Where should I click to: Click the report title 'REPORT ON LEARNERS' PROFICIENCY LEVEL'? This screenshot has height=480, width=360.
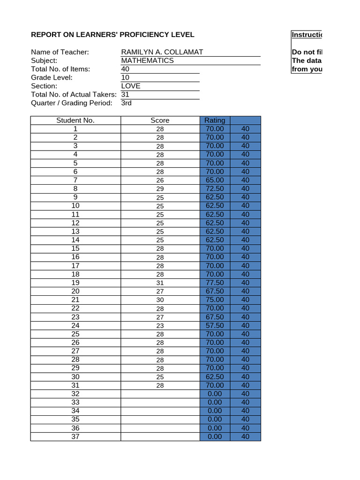[x=112, y=35]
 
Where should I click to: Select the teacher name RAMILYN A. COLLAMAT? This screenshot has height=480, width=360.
[x=162, y=52]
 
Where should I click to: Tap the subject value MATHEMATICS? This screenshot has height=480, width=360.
[x=147, y=60]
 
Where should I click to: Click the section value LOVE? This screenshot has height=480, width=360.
[x=131, y=86]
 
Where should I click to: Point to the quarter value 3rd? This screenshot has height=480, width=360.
[x=126, y=103]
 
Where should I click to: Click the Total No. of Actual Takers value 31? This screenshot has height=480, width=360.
[x=125, y=95]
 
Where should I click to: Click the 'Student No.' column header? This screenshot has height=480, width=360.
[x=75, y=120]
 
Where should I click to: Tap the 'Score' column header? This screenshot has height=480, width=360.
[x=160, y=120]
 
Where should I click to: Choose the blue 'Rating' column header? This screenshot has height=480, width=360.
[x=215, y=120]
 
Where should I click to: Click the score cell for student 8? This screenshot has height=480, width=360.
[x=160, y=189]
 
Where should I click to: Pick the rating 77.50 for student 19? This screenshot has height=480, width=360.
[x=215, y=283]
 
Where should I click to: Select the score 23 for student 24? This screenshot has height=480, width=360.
[x=160, y=325]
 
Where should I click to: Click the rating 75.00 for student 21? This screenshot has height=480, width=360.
[x=215, y=300]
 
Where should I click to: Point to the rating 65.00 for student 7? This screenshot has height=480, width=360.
[x=215, y=180]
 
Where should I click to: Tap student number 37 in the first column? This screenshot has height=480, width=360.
[x=75, y=436]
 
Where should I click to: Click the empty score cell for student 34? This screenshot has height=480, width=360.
[x=160, y=411]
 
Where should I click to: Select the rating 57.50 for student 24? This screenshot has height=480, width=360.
[x=215, y=325]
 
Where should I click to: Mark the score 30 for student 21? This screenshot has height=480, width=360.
[x=160, y=300]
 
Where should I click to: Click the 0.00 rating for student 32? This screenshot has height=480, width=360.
[x=215, y=394]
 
